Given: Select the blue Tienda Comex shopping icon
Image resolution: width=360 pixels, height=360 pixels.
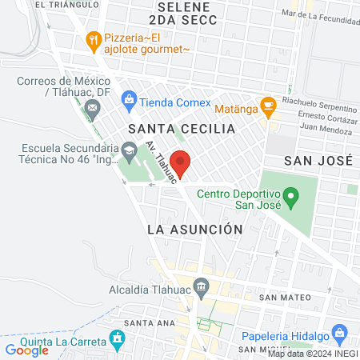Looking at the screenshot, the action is [x=127, y=102].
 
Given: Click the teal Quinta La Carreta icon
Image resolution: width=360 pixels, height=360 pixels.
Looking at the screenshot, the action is [x=118, y=338].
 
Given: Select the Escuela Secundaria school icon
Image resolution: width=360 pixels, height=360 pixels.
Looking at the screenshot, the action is [x=128, y=150].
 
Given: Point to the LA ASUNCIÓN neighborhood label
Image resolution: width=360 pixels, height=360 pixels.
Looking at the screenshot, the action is [x=194, y=229].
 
